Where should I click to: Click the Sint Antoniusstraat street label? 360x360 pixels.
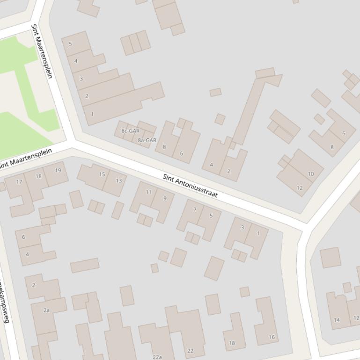pos(190,186)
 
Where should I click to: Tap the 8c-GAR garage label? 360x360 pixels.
pos(131,131)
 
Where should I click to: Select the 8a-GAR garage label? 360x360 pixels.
pos(147,140)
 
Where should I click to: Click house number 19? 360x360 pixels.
pos(58,170)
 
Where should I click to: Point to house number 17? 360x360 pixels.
pos(19,182)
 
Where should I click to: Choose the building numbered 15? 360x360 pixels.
pos(102,174)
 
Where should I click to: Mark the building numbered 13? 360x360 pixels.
pos(118,180)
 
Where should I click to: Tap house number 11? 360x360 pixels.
pos(148,192)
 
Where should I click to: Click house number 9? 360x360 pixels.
pos(165,198)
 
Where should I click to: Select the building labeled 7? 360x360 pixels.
pos(195,209)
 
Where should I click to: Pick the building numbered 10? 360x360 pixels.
pos(311,174)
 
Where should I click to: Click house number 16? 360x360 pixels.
pos(272,337)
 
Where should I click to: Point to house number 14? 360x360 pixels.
pos(337,320)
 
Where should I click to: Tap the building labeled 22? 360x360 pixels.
pos(190,351)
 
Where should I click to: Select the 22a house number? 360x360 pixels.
pos(157,357)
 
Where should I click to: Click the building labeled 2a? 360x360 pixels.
pos(46,310)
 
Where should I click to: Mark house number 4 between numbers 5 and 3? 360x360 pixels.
pos(76,61)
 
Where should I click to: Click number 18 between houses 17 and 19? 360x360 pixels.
pos(38,176)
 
